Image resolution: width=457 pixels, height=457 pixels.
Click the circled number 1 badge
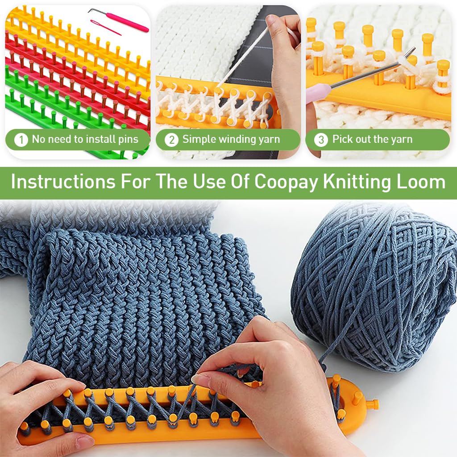(x=21, y=140)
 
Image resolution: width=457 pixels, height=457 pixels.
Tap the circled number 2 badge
(x=171, y=140)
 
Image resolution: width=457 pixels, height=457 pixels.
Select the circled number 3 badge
(x=320, y=140)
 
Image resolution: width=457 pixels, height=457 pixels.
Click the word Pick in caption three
(x=343, y=139)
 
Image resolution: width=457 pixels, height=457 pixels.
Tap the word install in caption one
(x=93, y=139)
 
